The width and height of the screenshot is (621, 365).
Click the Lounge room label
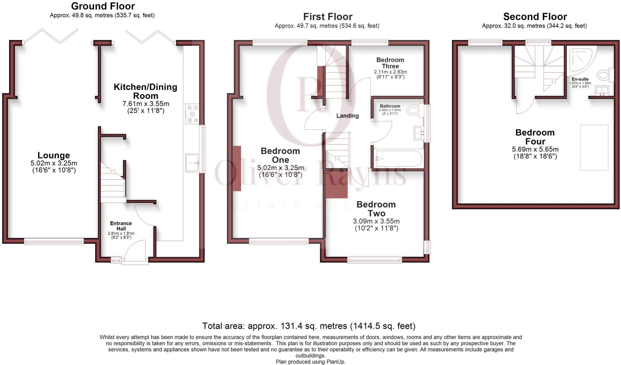(54, 155)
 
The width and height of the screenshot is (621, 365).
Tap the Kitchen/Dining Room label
(146, 91)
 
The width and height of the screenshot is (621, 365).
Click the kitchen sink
(192, 163)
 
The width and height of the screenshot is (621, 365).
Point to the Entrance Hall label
(121, 226)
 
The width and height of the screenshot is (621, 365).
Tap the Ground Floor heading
(103, 6)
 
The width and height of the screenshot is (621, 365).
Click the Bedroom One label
(280, 155)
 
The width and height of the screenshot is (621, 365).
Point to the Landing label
(347, 116)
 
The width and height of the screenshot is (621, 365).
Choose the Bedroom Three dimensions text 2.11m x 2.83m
(391, 72)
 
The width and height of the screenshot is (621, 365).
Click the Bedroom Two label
(376, 209)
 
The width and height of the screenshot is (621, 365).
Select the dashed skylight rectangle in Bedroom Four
(594, 148)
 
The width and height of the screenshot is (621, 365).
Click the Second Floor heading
(535, 16)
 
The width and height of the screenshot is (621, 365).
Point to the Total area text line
(309, 326)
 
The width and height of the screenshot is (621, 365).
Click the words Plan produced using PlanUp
(310, 362)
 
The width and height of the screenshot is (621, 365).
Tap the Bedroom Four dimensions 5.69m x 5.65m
(535, 149)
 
